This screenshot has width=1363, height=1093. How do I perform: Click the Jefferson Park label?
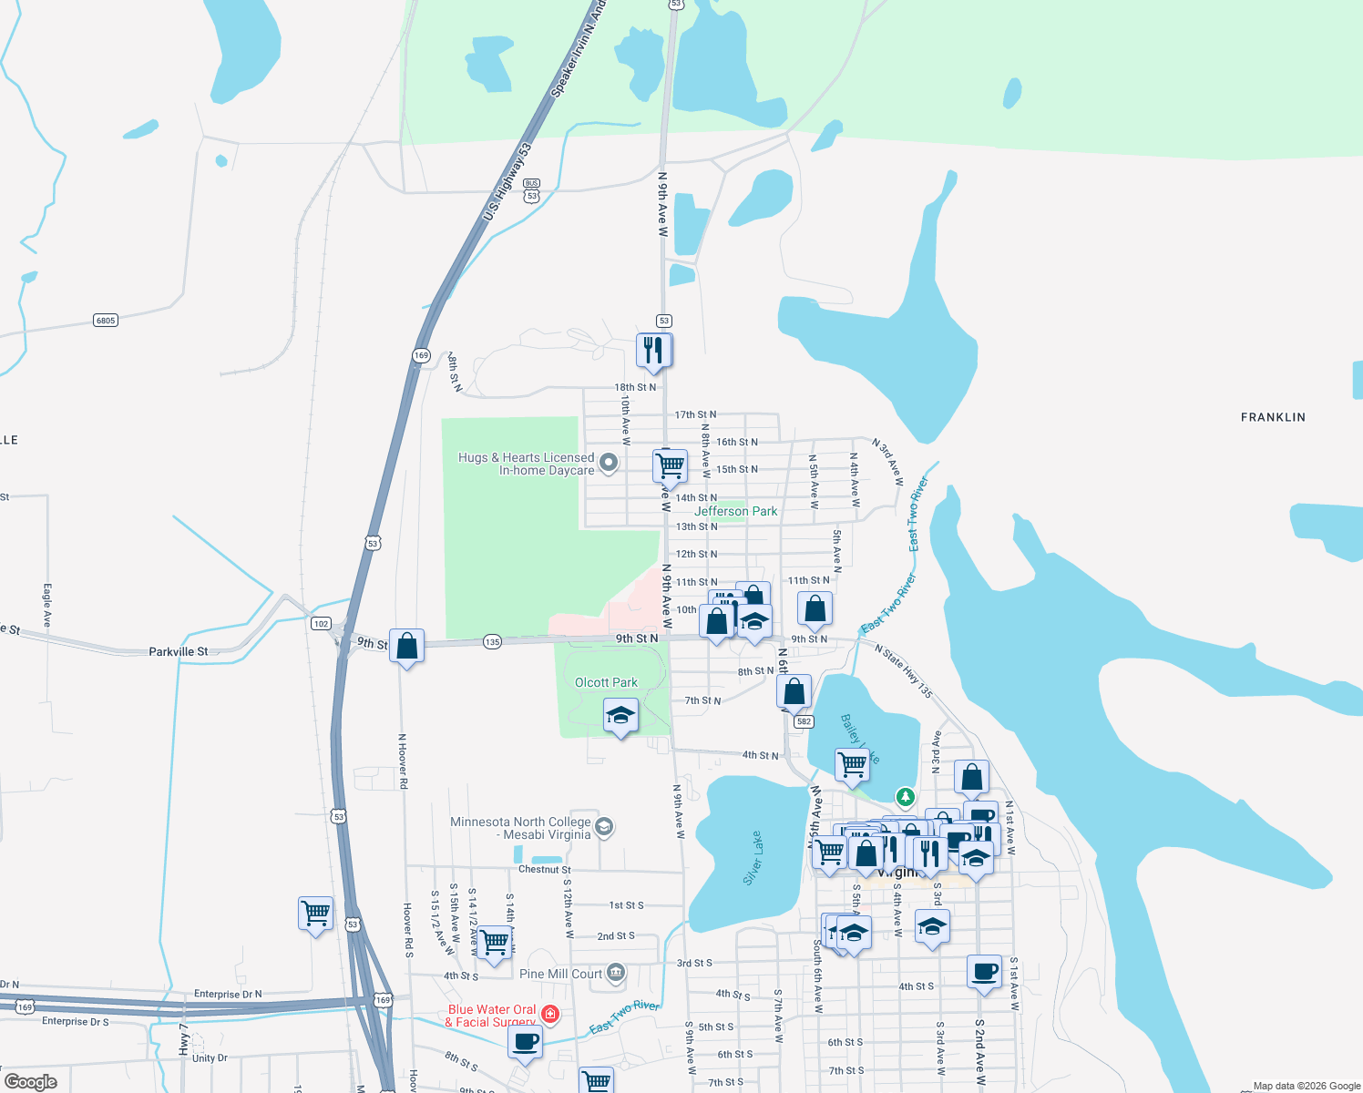click(x=736, y=512)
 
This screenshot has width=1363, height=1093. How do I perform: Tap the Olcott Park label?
click(x=606, y=682)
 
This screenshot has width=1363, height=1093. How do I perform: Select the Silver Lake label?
click(x=753, y=858)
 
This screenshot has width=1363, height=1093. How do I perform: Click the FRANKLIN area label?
click(x=1273, y=417)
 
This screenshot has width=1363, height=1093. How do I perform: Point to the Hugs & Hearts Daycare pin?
click(x=609, y=463)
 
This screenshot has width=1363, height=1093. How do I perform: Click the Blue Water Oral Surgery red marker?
click(x=550, y=1014)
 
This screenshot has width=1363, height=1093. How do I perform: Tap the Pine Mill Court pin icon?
click(x=616, y=974)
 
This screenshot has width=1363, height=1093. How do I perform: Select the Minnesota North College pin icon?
click(x=603, y=827)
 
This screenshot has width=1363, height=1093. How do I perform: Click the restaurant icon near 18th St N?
click(x=653, y=350)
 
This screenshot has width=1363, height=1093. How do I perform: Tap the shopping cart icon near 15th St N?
click(x=670, y=465)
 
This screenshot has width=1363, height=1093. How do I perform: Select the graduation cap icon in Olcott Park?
click(x=620, y=715)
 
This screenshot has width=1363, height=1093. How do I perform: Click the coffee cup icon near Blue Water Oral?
click(x=525, y=1041)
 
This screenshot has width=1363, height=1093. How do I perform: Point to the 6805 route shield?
click(x=106, y=321)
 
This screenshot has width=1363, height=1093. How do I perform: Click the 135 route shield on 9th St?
click(x=492, y=641)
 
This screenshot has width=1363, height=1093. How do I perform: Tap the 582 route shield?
click(x=803, y=721)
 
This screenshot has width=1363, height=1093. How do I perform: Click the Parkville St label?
click(x=179, y=651)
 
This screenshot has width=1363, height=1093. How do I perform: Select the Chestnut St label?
click(x=545, y=870)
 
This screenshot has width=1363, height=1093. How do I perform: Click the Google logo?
click(x=30, y=1082)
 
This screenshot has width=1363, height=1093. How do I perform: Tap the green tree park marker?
click(x=905, y=797)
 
